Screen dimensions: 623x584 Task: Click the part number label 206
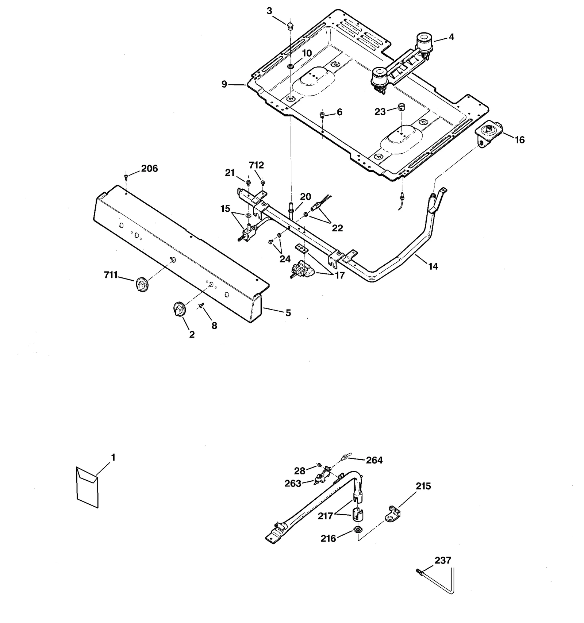[149, 169]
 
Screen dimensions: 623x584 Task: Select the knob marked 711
[141, 284]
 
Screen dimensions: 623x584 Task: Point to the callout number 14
[433, 266]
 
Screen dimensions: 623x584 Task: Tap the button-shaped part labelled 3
[290, 25]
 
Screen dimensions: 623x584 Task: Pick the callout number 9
[224, 85]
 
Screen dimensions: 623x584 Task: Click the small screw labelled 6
[322, 115]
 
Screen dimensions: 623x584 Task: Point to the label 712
[256, 165]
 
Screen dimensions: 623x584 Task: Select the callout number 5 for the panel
[288, 313]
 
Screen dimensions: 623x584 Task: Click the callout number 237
[443, 560]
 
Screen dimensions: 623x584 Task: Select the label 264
[374, 460]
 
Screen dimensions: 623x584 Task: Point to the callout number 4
[452, 37]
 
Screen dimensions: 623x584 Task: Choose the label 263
[293, 484]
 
